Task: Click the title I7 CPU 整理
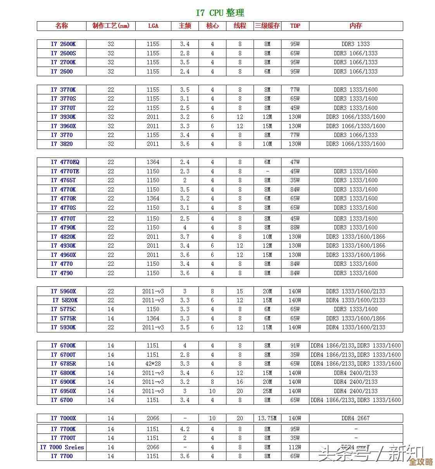220,13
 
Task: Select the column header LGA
153,26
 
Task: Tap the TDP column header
295,26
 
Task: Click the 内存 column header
356,26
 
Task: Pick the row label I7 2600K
63,44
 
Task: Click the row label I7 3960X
63,126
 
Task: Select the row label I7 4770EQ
65,162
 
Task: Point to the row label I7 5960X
63,291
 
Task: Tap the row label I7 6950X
63,391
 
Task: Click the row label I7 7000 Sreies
62,447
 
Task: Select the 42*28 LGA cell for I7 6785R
153,364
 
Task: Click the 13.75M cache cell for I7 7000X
267,418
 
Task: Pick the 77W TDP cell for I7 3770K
295,90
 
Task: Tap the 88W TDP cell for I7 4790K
295,228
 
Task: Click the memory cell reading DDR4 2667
356,418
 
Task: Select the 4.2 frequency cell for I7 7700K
185,429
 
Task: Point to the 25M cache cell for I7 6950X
267,391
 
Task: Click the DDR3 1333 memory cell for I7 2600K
356,44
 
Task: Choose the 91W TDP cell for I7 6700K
295,346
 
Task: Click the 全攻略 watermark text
421,462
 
